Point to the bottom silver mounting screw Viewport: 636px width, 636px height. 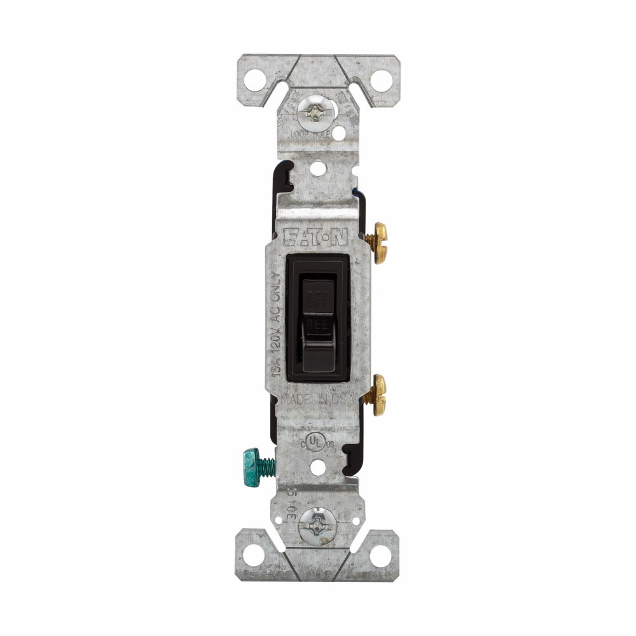[x=315, y=524]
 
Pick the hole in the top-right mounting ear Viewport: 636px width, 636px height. [x=380, y=80]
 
